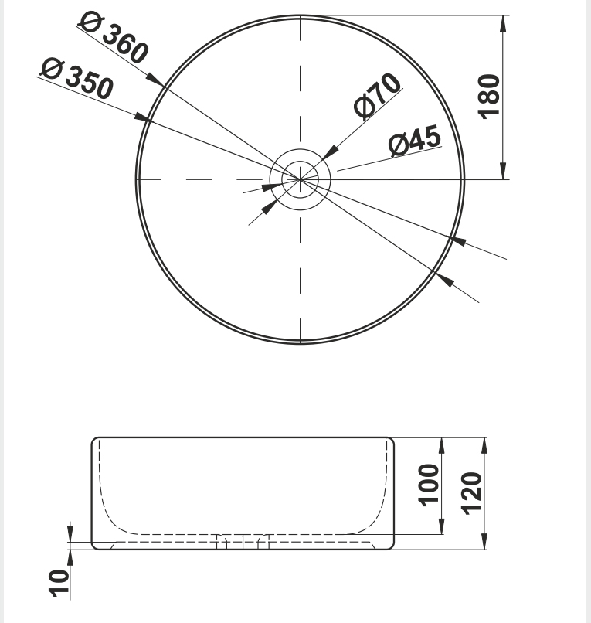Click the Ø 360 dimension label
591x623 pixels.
pyautogui.click(x=114, y=38)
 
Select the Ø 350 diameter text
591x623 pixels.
pyautogui.click(x=77, y=78)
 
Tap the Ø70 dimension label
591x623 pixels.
pyautogui.click(x=377, y=96)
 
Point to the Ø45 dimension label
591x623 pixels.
pyautogui.click(x=415, y=140)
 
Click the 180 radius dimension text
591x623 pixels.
pyautogui.click(x=488, y=97)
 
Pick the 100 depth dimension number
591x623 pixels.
pyautogui.click(x=429, y=485)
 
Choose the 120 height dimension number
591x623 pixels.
pyautogui.click(x=471, y=493)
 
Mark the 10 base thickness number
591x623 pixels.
pyautogui.click(x=59, y=584)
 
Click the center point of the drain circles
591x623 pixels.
pyautogui.click(x=301, y=179)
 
